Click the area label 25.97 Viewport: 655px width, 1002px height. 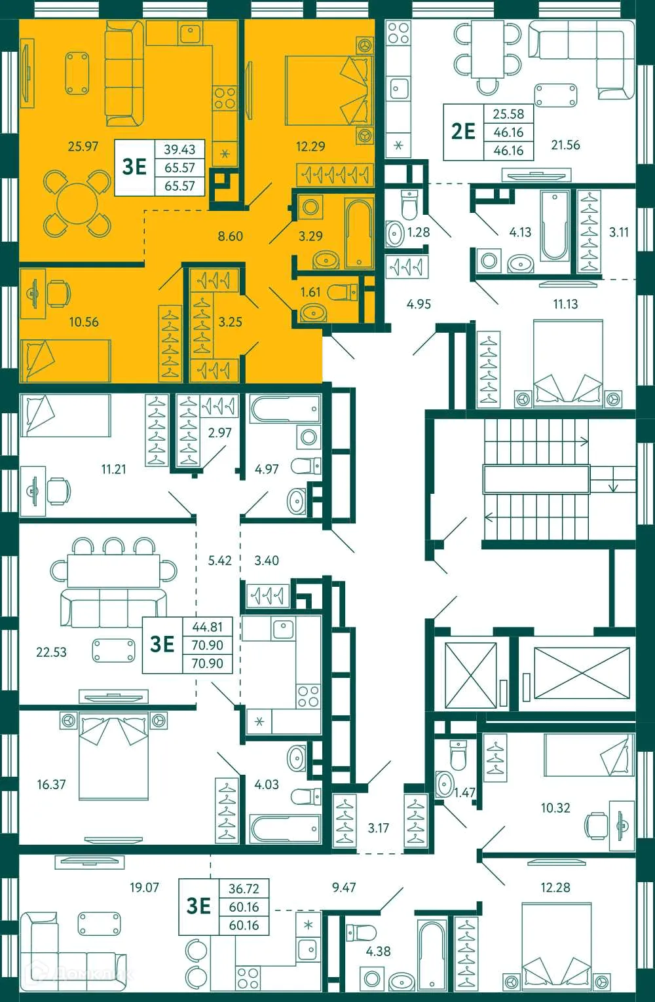click(83, 146)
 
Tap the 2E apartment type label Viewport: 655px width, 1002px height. click(463, 131)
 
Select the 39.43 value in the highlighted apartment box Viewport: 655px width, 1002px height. click(179, 149)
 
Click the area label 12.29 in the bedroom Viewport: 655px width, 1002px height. click(310, 146)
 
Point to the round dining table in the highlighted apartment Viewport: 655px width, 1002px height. click(77, 204)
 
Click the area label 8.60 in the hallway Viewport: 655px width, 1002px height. click(231, 236)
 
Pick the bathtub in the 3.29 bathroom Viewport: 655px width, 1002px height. click(359, 234)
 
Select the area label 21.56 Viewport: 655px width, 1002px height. click(565, 145)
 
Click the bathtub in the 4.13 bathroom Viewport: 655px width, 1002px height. click(555, 226)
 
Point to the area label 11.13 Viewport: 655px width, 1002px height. click(565, 304)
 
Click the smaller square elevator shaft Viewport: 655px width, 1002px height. click(471, 675)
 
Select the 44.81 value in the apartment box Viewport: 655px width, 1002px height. click(207, 627)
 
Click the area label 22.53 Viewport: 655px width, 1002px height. click(51, 652)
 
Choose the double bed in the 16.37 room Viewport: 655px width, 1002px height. click(113, 756)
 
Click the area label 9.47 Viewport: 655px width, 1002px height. click(344, 887)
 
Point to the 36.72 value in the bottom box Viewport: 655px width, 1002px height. click(244, 889)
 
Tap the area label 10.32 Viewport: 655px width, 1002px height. click(555, 807)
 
